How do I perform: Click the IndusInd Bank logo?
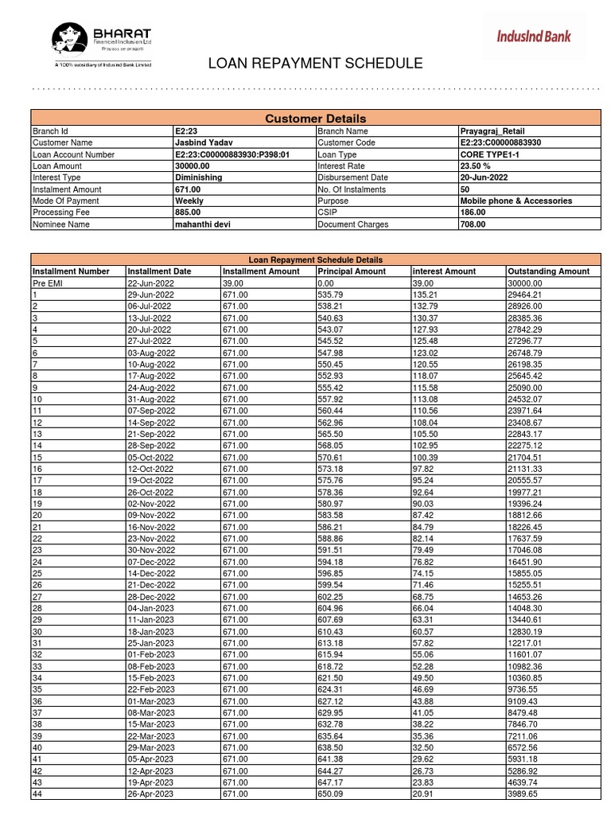pos(534,36)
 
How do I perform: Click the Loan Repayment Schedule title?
pos(315,64)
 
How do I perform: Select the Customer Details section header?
pos(315,119)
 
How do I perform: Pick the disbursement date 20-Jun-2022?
pos(486,178)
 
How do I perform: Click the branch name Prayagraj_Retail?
pos(492,131)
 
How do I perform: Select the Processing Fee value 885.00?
pos(188,213)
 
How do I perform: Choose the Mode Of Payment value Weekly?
pos(189,201)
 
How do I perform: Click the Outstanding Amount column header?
pos(548,271)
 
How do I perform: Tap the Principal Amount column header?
pos(351,271)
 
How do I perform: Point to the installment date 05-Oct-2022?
pos(149,458)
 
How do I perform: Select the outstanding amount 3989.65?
pos(523,794)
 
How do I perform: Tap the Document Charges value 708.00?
pos(473,224)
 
